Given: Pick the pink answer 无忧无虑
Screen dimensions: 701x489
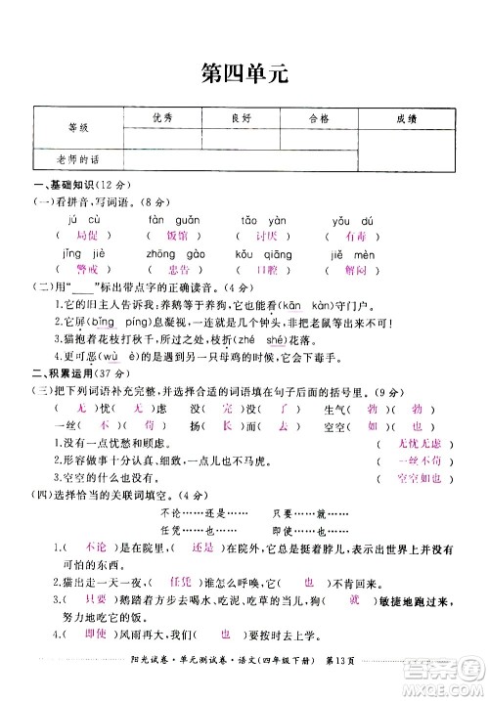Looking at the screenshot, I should pyautogui.click(x=421, y=443).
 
